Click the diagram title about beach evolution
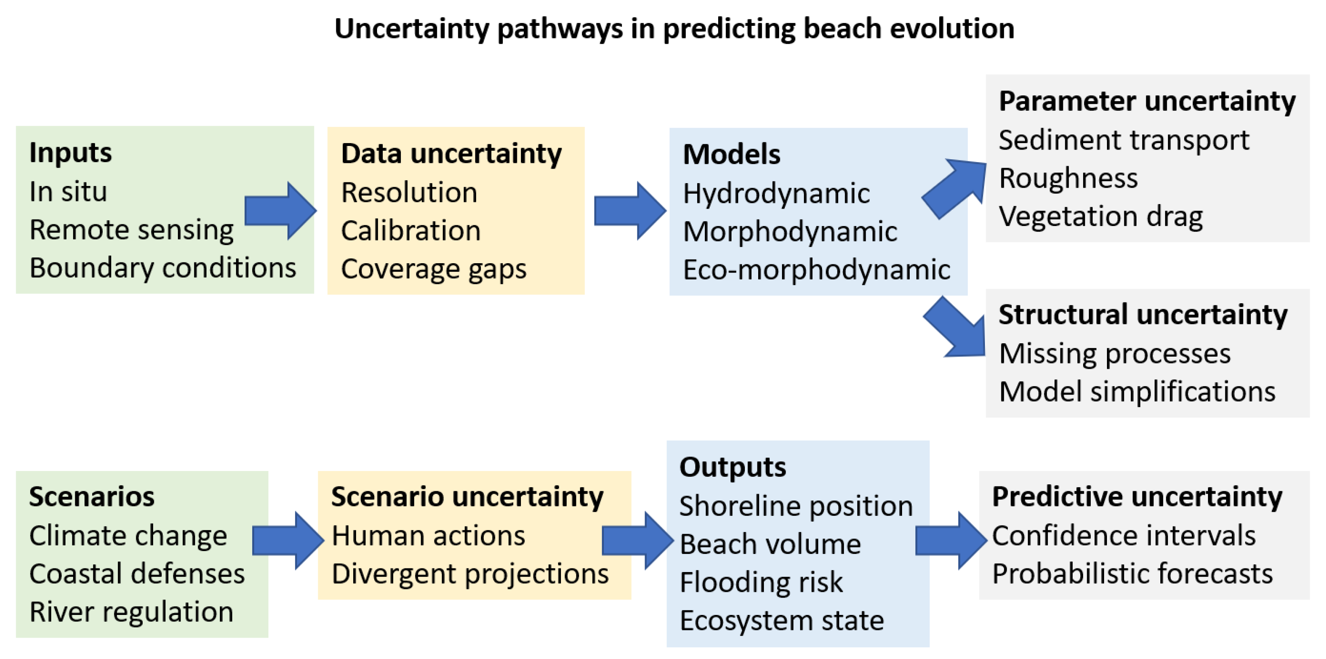(675, 28)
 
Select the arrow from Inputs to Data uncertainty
(280, 211)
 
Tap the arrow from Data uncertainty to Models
(630, 211)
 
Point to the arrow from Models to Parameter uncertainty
(953, 188)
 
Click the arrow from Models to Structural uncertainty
(954, 327)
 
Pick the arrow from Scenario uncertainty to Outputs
(638, 540)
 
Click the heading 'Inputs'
(70, 152)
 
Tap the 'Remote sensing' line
(132, 230)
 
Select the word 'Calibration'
(411, 230)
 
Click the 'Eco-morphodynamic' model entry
(816, 270)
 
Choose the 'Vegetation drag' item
(1101, 216)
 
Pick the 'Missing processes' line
(1115, 354)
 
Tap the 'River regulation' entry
(131, 612)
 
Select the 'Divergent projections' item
(470, 574)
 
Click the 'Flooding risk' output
(761, 582)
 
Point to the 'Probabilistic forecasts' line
(1132, 574)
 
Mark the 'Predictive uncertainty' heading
(1137, 497)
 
